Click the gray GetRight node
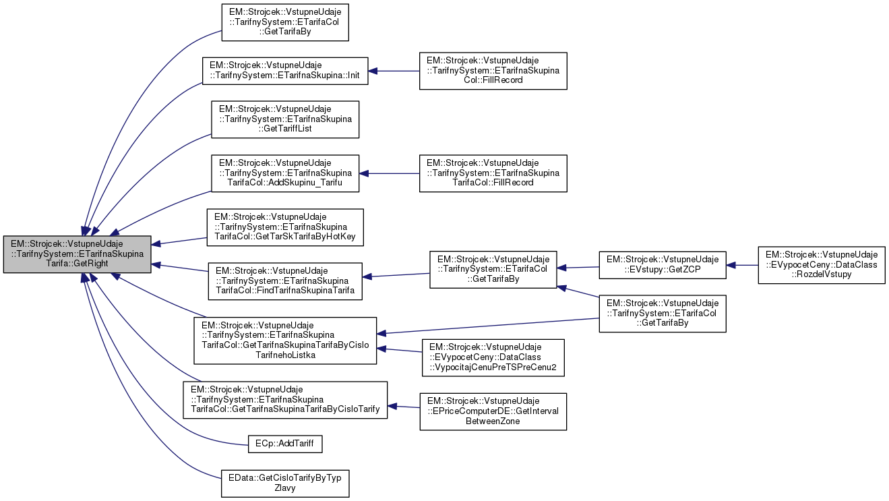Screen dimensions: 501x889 click(77, 254)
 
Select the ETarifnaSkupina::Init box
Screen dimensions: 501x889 click(286, 71)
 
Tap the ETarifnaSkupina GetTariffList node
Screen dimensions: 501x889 click(285, 119)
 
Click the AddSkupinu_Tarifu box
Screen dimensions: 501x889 click(285, 173)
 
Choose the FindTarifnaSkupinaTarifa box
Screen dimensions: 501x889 click(285, 281)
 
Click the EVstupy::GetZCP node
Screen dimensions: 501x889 click(663, 265)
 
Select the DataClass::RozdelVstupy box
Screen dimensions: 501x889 click(821, 265)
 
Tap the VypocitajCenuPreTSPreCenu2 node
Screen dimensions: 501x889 click(492, 357)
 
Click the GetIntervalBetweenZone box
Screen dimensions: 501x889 click(493, 411)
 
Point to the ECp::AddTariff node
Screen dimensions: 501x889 click(285, 444)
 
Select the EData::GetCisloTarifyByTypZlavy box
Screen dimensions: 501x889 click(285, 483)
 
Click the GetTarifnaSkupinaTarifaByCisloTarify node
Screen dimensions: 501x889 click(285, 400)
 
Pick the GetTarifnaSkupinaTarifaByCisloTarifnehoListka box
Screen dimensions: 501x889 click(285, 341)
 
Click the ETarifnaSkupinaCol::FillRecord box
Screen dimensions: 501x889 click(493, 71)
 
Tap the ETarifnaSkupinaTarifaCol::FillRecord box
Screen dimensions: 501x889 click(493, 173)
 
